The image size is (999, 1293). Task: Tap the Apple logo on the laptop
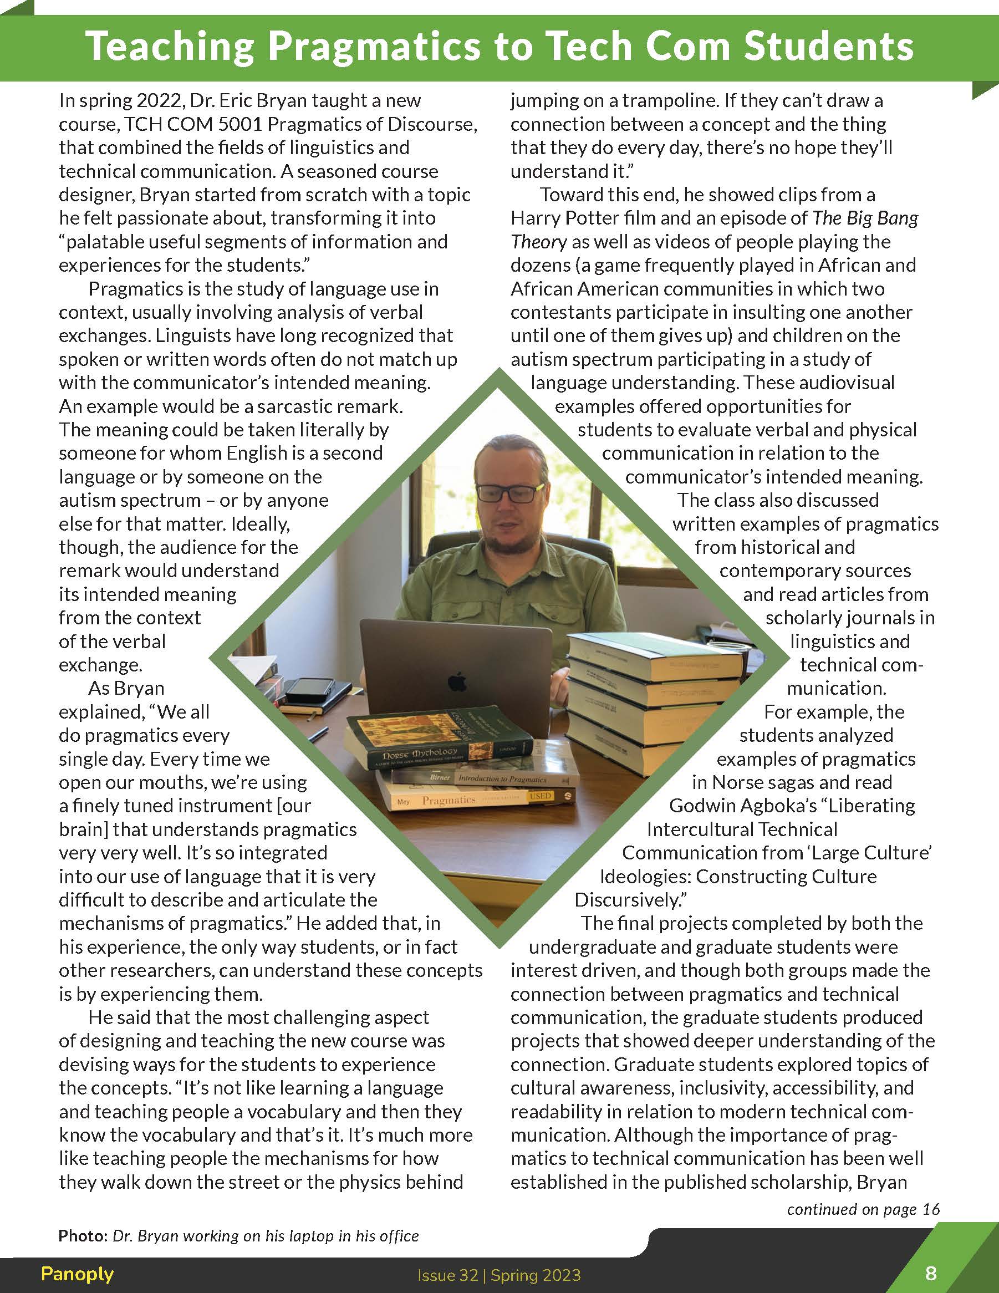456,682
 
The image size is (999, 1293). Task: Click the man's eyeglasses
509,492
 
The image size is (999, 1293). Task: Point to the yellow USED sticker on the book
540,796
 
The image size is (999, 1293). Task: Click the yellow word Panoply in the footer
77,1274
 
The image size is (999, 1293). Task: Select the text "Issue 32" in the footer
447,1275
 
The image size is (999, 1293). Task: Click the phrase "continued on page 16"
863,1209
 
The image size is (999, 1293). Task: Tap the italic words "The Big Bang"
865,218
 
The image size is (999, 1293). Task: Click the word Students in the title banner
829,47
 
